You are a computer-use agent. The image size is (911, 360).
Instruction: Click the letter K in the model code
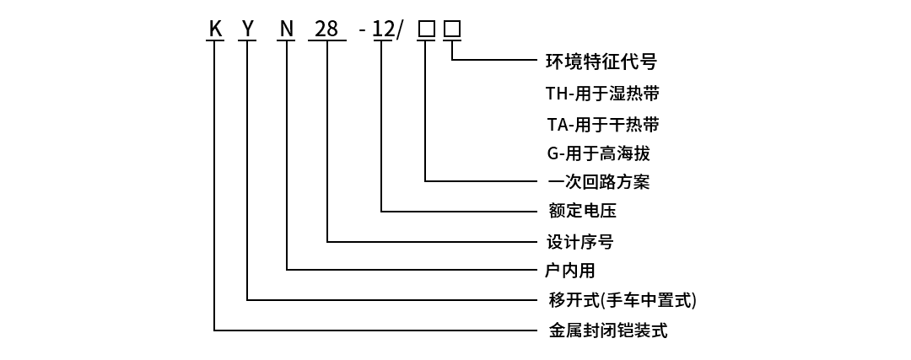[x=215, y=30]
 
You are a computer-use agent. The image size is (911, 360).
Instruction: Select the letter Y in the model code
[x=248, y=30]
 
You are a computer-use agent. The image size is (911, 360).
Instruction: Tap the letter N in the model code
[x=287, y=30]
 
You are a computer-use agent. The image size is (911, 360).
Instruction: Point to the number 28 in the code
[x=326, y=30]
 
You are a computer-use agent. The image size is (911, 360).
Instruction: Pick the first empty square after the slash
[x=427, y=30]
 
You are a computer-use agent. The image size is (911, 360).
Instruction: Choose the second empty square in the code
[x=453, y=30]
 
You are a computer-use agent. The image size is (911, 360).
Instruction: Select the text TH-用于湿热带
[x=602, y=93]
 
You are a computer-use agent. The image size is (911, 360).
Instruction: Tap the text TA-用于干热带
[x=602, y=125]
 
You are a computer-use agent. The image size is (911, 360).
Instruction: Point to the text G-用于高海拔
[x=598, y=153]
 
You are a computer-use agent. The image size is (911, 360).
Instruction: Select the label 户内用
[x=571, y=271]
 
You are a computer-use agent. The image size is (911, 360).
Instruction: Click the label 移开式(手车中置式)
[x=623, y=300]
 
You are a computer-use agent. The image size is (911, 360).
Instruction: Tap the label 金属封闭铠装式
[x=607, y=330]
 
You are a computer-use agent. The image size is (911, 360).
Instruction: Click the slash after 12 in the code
[x=400, y=30]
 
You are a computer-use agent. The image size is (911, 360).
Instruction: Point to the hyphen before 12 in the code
[x=362, y=31]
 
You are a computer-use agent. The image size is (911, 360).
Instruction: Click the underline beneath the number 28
[x=326, y=40]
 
